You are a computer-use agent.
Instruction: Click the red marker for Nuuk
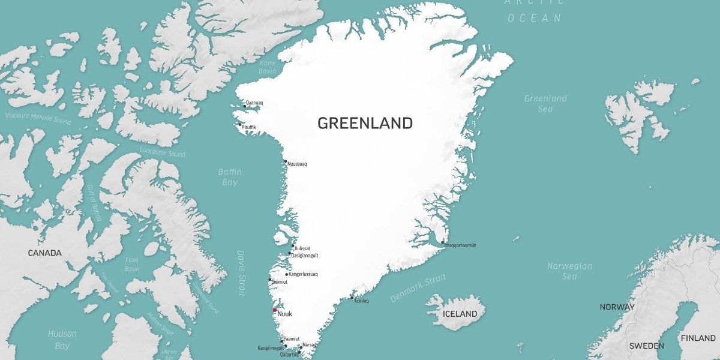coord(275,310)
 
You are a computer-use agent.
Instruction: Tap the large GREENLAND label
coord(365,123)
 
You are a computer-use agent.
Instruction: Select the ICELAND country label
coord(460,314)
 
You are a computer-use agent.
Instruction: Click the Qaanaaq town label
coord(254,103)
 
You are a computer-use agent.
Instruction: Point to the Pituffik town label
coord(249,127)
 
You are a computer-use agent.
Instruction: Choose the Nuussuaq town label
coord(297,164)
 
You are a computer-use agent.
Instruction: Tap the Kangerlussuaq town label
coord(303,274)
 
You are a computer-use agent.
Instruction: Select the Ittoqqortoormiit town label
coord(461,245)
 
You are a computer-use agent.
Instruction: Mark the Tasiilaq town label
coord(361,301)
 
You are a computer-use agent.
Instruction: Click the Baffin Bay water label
coord(229,177)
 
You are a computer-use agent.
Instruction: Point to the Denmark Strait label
coord(418,289)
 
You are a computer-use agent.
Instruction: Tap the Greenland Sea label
coord(545,103)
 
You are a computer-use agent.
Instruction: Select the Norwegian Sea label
coord(569,271)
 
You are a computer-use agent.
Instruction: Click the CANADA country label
coord(45,253)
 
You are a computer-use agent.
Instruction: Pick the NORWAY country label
coord(617,307)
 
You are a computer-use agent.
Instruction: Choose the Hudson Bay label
coord(62,340)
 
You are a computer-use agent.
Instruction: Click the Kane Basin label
coord(268,67)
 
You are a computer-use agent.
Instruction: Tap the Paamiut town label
coord(292,339)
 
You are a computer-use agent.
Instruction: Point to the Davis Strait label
coord(241,273)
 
